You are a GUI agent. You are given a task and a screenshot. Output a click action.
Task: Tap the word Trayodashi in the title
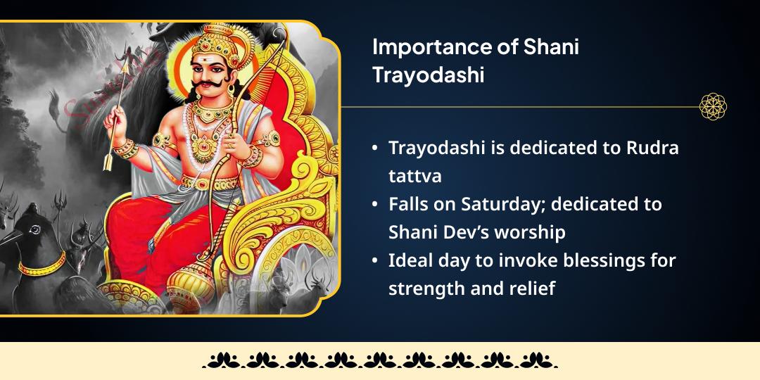[428, 75]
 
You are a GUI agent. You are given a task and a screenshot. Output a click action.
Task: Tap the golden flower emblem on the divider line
[712, 107]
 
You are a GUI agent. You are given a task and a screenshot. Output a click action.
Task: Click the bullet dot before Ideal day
[376, 261]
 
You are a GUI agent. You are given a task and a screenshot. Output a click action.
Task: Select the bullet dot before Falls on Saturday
[376, 205]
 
